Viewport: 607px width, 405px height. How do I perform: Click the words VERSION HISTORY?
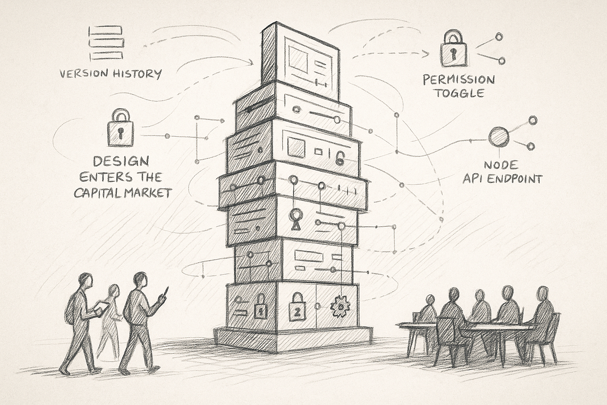(x=111, y=74)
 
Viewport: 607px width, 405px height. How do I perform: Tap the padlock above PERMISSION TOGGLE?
(x=453, y=49)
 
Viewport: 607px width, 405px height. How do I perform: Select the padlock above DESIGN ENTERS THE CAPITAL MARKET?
(x=120, y=128)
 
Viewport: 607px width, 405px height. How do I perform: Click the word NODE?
(x=501, y=165)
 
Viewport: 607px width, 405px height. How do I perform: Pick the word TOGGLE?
(x=460, y=93)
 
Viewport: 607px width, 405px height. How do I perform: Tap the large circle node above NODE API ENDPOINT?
(x=499, y=137)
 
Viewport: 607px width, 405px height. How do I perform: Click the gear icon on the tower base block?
(x=340, y=306)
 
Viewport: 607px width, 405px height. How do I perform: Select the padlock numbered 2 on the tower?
(x=297, y=307)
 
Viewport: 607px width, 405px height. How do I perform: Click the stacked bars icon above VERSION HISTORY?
(x=106, y=43)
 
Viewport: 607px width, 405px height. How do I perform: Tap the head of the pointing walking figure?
(x=140, y=279)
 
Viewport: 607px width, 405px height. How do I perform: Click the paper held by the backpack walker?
(x=101, y=308)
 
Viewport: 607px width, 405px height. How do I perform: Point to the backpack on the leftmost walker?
(x=70, y=310)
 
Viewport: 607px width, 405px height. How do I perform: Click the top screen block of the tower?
(x=300, y=61)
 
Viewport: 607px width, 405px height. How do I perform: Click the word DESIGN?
(x=121, y=161)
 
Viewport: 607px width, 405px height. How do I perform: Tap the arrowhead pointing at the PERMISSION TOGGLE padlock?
(x=426, y=54)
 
